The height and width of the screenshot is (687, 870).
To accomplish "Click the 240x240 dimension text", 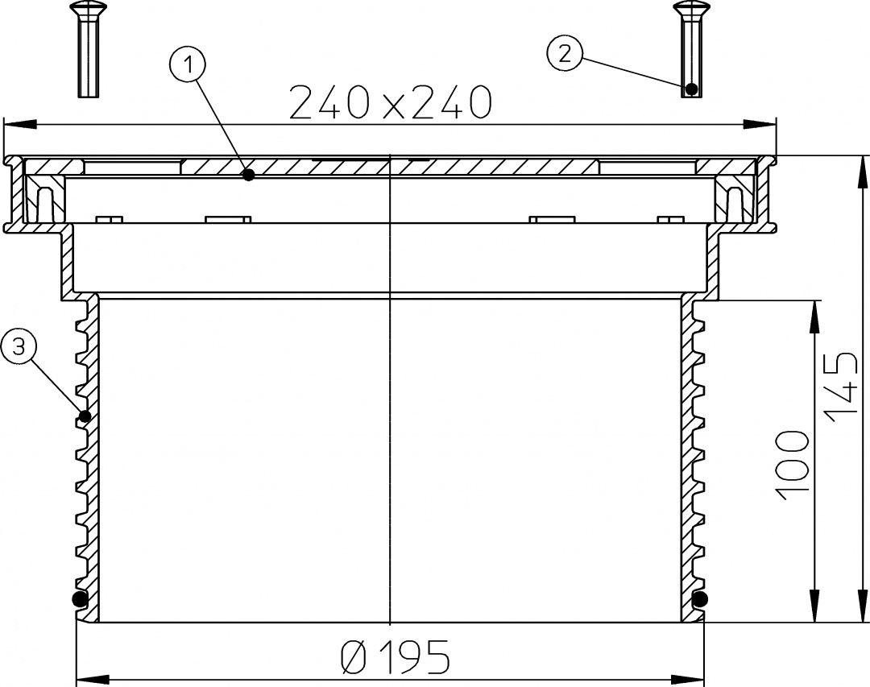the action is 391,102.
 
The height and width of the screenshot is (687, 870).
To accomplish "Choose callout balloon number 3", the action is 19,347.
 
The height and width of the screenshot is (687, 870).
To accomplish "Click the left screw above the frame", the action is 89,49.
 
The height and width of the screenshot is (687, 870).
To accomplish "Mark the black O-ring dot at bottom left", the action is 81,598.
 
